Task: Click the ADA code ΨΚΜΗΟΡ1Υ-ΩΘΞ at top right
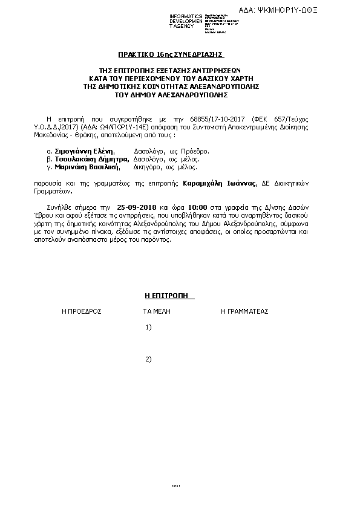coord(295,10)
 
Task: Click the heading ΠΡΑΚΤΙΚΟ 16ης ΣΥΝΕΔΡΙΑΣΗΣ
coord(179,54)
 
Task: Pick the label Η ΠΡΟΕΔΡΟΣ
coord(81,311)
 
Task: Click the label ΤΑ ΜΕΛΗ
coord(156,311)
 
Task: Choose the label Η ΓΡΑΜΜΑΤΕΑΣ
coord(244,311)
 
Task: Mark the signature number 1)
coord(148,327)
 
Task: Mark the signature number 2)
coord(148,359)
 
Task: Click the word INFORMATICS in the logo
coord(186,15)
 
